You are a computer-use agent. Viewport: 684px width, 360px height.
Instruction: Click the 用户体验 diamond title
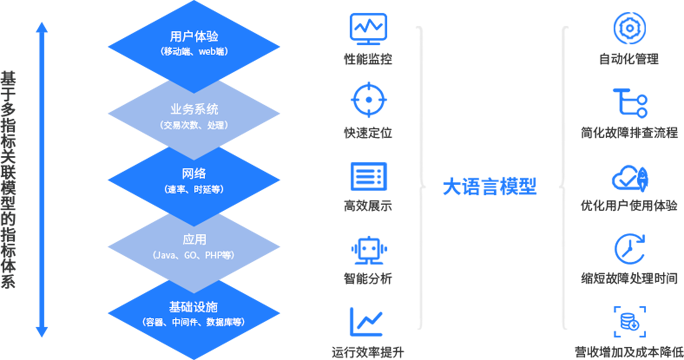pos(194,36)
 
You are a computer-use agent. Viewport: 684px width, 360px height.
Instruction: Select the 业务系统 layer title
pos(194,109)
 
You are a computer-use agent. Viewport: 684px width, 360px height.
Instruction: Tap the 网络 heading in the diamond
pos(194,174)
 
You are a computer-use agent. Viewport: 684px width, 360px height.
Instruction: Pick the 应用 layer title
pos(194,239)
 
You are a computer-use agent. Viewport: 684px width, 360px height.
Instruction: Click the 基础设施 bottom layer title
pos(194,307)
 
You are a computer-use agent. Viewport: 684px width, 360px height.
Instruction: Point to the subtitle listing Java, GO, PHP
pos(194,255)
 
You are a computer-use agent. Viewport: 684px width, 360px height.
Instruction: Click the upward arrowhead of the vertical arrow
pos(42,27)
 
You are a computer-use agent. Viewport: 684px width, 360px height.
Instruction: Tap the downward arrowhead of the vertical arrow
pos(42,332)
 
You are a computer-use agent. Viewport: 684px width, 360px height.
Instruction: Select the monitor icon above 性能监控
pos(368,29)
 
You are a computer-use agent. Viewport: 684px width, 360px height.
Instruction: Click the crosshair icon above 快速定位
pos(368,100)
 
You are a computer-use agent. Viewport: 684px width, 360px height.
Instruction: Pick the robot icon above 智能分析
pos(368,250)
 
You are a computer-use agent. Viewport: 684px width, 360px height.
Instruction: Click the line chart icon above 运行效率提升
pos(367,321)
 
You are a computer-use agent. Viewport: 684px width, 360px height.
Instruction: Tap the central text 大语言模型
pos(490,187)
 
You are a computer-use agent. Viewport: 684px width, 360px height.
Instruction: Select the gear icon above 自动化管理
pos(629,28)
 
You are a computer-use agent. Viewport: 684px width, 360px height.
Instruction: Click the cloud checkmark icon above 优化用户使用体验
pos(629,178)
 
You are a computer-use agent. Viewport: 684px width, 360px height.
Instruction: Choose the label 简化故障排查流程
pos(629,132)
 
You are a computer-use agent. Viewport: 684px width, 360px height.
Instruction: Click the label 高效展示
pos(368,206)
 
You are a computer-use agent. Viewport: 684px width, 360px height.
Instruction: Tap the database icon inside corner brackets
pos(629,322)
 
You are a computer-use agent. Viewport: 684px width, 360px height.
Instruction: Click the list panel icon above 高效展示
pos(368,177)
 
